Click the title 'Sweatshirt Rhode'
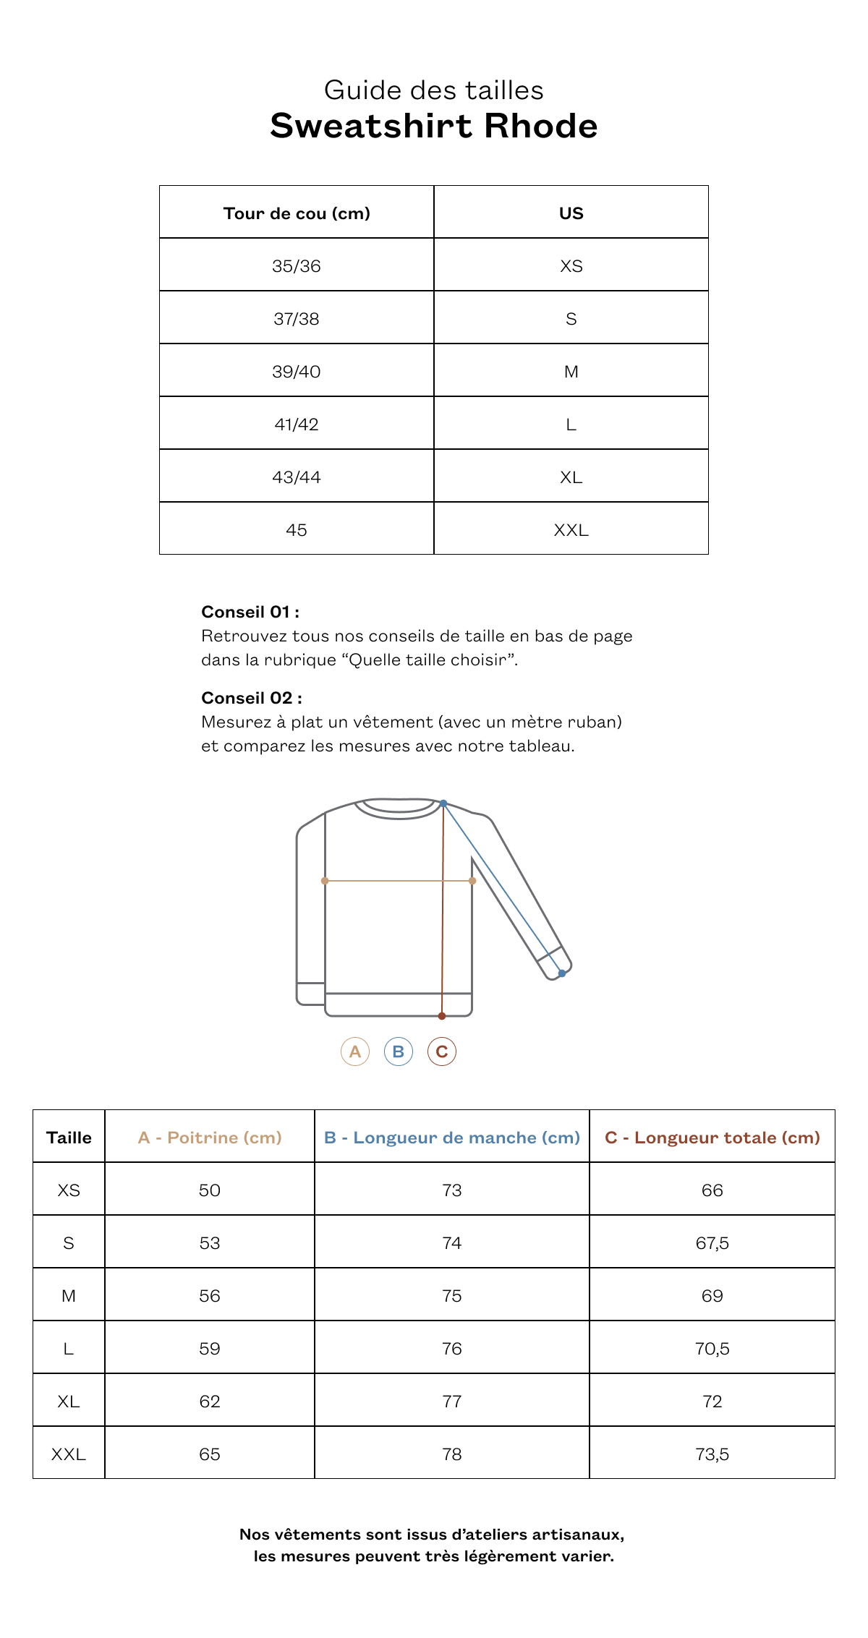[434, 126]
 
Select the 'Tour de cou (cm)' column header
[297, 213]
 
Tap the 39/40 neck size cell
[297, 372]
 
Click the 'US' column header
[571, 213]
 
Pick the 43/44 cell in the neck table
[297, 477]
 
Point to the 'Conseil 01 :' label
[250, 612]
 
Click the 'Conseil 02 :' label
[252, 698]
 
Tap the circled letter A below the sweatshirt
[355, 1052]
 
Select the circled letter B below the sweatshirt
[399, 1052]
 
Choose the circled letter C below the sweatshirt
[442, 1052]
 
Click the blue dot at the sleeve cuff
[562, 973]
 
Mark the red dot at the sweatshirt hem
[442, 1016]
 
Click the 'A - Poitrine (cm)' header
[210, 1138]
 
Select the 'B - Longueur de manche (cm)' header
[452, 1138]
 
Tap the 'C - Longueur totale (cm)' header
[712, 1138]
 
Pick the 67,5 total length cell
[712, 1243]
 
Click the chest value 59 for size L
[210, 1349]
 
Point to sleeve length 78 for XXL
[452, 1454]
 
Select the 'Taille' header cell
[69, 1138]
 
